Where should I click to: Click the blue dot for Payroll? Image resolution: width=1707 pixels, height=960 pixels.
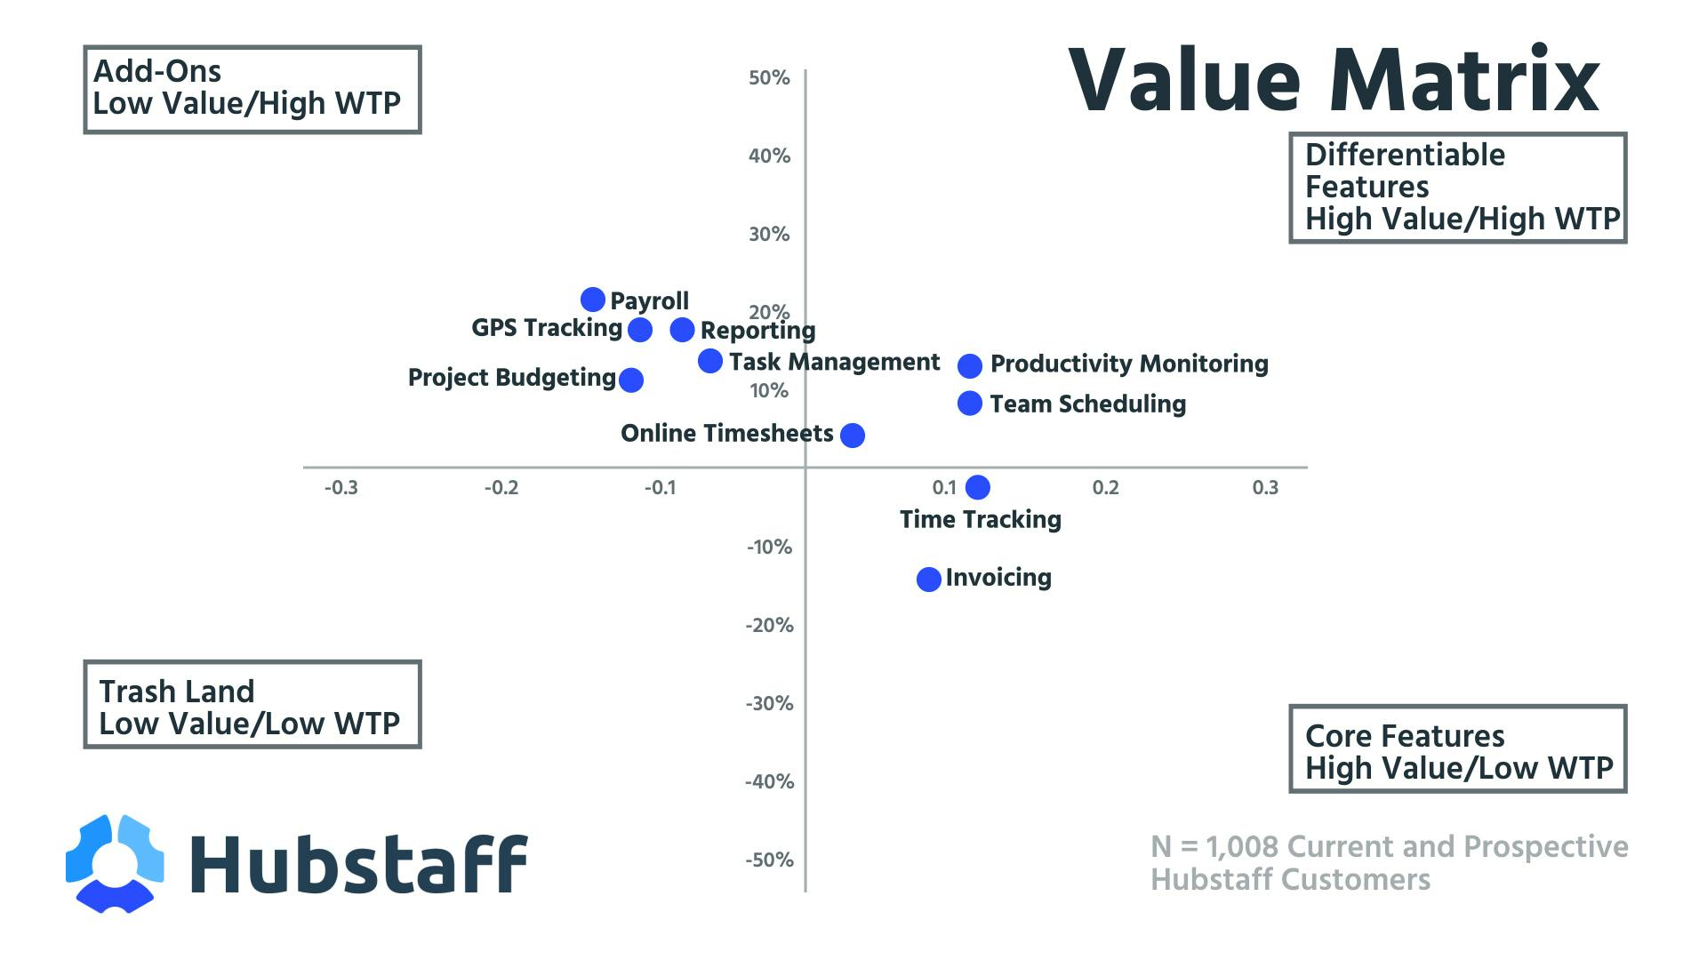click(x=593, y=300)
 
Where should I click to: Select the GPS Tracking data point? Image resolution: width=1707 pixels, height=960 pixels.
click(x=640, y=330)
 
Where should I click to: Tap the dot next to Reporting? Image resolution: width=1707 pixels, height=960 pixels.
click(x=682, y=330)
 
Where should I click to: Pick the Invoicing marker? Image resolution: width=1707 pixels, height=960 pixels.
click(x=928, y=580)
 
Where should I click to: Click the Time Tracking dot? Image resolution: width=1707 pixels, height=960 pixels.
click(x=977, y=487)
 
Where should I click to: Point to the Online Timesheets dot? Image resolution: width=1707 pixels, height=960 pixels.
click(x=852, y=435)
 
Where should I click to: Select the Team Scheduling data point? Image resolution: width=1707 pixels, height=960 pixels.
click(x=970, y=404)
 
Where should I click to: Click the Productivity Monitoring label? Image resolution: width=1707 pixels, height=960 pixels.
click(x=1129, y=364)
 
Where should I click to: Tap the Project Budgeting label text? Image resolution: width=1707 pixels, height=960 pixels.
click(x=511, y=378)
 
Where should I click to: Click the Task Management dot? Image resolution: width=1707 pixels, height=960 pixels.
click(x=709, y=361)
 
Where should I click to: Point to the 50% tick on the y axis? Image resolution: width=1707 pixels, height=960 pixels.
click(x=769, y=78)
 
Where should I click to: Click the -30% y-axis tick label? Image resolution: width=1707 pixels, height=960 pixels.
click(x=769, y=704)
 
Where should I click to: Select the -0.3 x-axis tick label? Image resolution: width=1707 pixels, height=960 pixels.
click(x=341, y=488)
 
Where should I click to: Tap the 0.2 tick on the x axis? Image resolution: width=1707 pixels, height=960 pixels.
click(x=1105, y=488)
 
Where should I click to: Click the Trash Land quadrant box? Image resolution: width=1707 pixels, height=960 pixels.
click(x=252, y=704)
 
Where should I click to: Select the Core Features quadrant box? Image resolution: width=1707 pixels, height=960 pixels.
click(x=1457, y=749)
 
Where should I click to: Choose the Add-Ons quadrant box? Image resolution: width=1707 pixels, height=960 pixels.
click(x=252, y=90)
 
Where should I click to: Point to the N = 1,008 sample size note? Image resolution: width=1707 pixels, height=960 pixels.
click(x=1389, y=862)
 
